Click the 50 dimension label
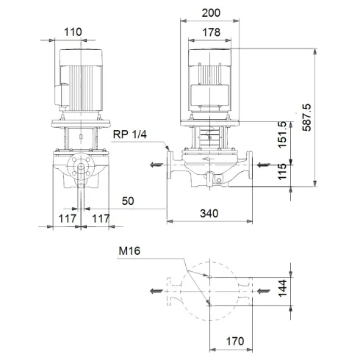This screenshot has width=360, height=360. pyautogui.click(x=129, y=200)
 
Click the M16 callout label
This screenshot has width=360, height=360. pyautogui.click(x=129, y=251)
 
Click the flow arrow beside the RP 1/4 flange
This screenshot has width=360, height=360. pyautogui.click(x=154, y=165)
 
